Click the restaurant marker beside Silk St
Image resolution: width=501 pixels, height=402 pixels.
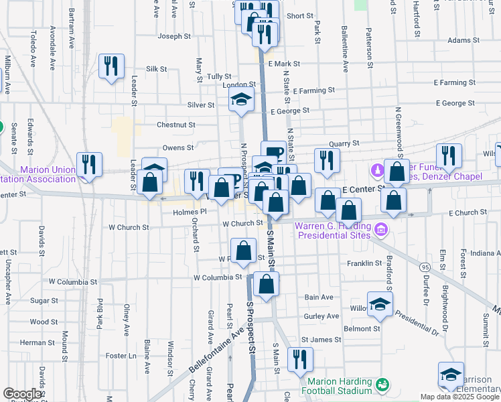tap(111, 66)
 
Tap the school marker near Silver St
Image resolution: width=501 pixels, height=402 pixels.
tap(241, 100)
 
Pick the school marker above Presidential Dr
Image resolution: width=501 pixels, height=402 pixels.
tap(380, 304)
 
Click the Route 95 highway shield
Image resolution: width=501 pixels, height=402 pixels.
tap(426, 268)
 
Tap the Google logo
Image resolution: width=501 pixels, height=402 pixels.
tap(23, 394)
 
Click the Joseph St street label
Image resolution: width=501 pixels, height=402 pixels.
tap(178, 36)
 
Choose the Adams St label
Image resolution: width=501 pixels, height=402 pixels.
tap(459, 40)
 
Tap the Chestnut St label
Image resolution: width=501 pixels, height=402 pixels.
tap(175, 125)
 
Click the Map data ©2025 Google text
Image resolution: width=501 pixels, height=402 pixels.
tap(459, 397)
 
